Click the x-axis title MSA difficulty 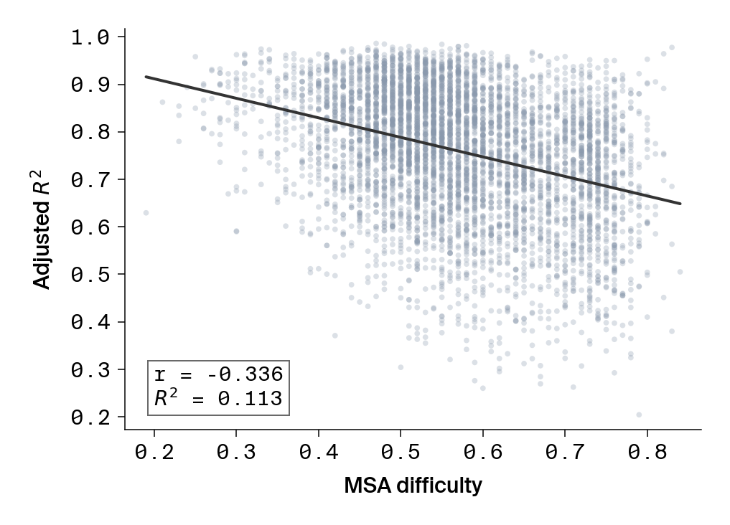(x=413, y=486)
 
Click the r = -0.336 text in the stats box (x=218, y=374)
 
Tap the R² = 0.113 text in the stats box (x=218, y=398)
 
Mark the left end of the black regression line (x=146, y=76)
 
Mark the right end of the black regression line (x=680, y=204)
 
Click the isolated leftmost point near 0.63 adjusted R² (x=146, y=212)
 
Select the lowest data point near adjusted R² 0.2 (x=639, y=415)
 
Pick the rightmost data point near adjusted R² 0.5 (x=680, y=272)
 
